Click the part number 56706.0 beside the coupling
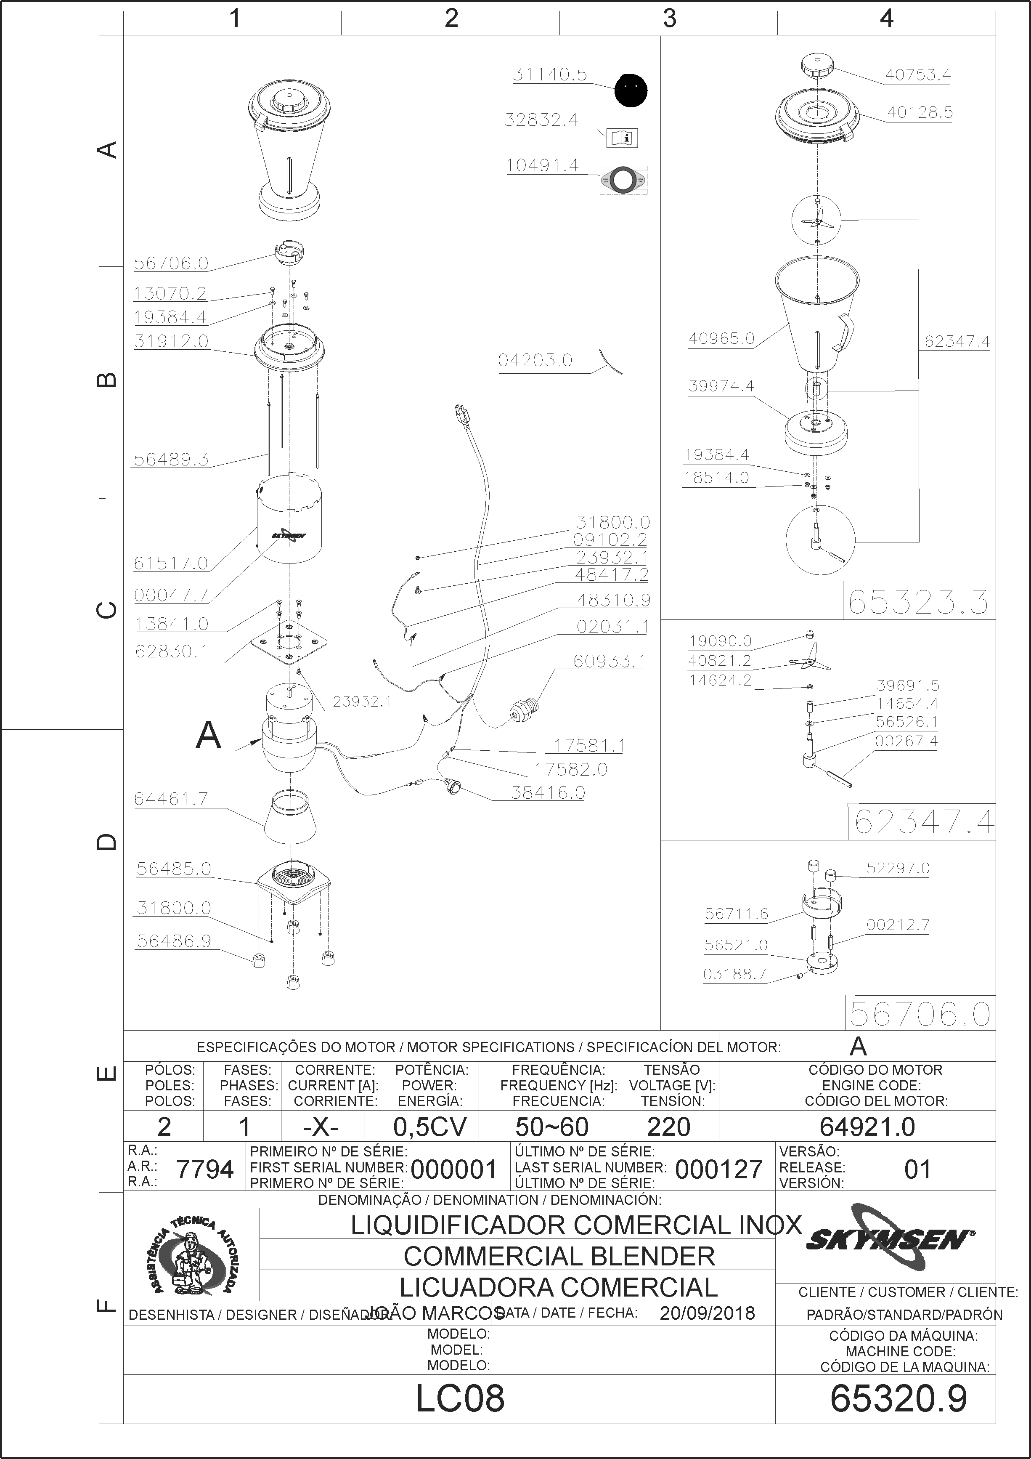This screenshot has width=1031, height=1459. pyautogui.click(x=171, y=263)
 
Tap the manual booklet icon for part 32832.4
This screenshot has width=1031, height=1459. pyautogui.click(x=623, y=137)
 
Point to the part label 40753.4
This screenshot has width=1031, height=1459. pyautogui.click(x=918, y=75)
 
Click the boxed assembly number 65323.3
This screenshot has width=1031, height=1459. pyautogui.click(x=919, y=601)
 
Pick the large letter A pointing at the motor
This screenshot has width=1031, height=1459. pyautogui.click(x=208, y=736)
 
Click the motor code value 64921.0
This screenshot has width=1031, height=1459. pyautogui.click(x=867, y=1127)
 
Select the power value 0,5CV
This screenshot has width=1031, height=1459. pyautogui.click(x=430, y=1127)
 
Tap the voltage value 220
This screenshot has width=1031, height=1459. pyautogui.click(x=668, y=1127)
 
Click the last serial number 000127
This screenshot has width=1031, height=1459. pyautogui.click(x=718, y=1169)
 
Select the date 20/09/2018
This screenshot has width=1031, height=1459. pyautogui.click(x=707, y=1313)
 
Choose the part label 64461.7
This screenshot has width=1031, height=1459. pyautogui.click(x=171, y=799)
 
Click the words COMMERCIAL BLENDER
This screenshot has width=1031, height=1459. pyautogui.click(x=559, y=1256)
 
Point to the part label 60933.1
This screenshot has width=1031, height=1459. pyautogui.click(x=609, y=662)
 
